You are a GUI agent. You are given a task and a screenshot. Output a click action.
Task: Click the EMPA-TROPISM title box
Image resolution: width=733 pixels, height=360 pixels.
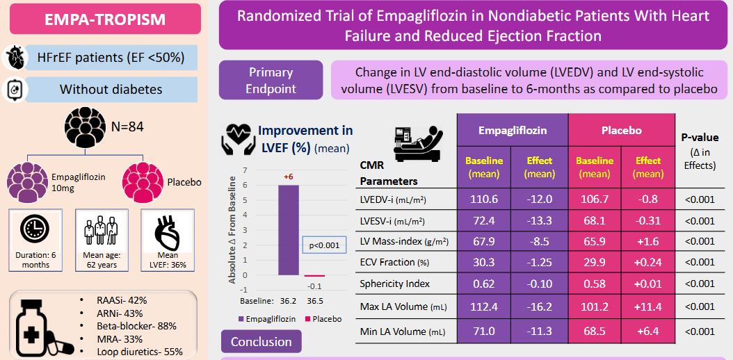[105, 19]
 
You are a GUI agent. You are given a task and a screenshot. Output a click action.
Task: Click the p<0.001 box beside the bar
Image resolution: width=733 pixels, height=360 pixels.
[323, 245]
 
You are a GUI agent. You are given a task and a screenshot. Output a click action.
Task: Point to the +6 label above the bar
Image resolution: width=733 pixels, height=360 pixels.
[288, 177]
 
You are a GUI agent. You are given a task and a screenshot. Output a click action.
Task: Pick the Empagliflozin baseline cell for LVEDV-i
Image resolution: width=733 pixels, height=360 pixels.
[484, 199]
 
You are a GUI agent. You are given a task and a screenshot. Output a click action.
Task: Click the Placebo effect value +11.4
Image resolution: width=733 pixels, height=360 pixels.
[648, 306]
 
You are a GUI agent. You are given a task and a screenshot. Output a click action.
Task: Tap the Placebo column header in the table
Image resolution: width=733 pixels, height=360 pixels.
[621, 130]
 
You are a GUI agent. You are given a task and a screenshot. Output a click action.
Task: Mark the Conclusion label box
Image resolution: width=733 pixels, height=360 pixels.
[261, 342]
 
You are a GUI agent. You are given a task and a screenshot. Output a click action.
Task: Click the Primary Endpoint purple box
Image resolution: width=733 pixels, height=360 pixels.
[271, 80]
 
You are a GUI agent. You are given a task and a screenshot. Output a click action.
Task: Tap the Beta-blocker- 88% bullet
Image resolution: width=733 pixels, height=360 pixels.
[137, 326]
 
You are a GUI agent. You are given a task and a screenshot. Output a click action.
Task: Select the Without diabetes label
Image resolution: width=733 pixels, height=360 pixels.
[111, 89]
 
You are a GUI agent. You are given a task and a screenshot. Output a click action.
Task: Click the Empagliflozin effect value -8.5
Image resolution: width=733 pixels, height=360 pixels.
[539, 241]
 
